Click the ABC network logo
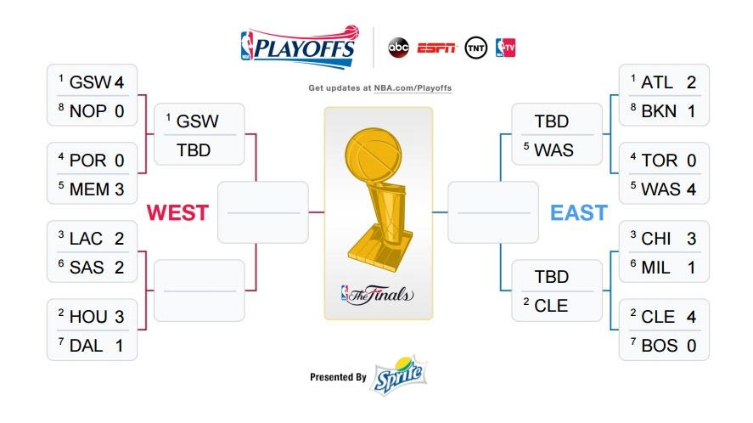398,48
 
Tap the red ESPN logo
436,48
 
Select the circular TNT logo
476,48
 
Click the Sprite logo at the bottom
400,375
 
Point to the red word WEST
177,212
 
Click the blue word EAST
579,212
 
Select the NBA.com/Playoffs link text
413,88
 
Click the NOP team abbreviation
88,111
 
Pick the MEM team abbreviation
89,189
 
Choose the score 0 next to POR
120,161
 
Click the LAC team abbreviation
86,239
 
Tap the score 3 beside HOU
120,317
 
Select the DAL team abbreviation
86,346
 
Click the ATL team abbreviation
657,82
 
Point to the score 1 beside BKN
692,111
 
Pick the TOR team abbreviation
660,161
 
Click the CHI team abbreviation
656,239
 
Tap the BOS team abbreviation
660,346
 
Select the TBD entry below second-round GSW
194,150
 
